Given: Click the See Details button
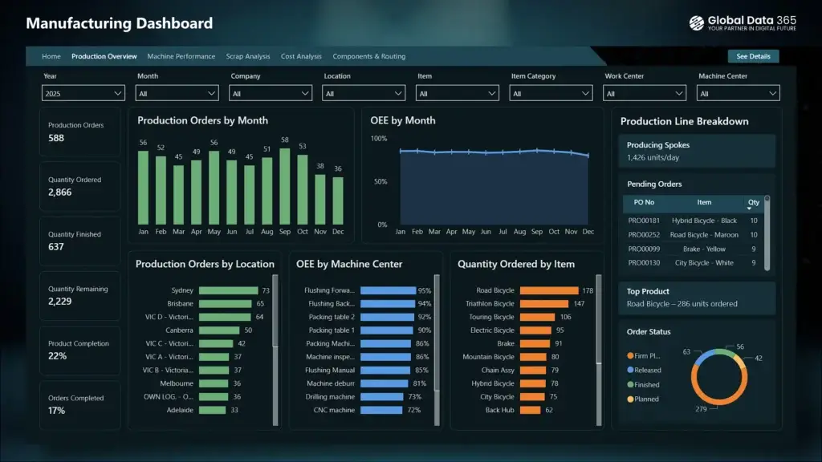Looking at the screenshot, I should (753, 56).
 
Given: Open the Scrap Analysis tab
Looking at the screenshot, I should (247, 57).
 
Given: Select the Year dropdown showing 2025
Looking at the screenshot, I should (83, 94).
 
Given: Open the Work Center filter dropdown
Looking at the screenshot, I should (645, 94).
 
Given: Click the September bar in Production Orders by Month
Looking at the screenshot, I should (284, 187).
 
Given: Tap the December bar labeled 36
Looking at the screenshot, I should (338, 201).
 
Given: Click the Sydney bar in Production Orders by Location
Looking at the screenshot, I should (228, 290).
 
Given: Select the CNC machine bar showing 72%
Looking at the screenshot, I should (381, 410).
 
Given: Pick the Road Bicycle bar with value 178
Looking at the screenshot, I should (549, 290).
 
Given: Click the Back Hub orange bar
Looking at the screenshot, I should (531, 410).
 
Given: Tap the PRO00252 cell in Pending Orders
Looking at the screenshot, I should (644, 235).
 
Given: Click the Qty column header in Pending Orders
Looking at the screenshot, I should (753, 202).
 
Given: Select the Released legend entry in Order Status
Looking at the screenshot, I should (647, 370).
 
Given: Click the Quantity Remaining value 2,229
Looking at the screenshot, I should (60, 302).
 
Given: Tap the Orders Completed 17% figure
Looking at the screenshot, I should (56, 411).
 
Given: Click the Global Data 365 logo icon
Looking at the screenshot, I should (696, 23).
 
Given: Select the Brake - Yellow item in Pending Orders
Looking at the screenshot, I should (704, 249).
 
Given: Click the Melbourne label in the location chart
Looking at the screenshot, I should (177, 383).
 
